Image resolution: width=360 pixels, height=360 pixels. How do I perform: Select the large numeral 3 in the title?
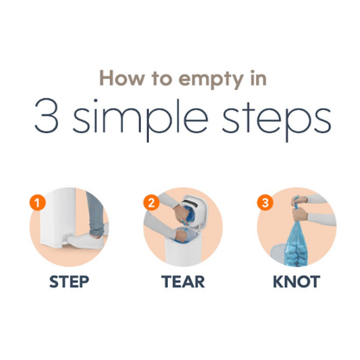click(47, 116)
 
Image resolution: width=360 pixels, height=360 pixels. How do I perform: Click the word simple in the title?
click(140, 119)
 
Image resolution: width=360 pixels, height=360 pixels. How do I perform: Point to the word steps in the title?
click(276, 119)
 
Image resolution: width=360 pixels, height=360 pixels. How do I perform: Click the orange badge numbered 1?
click(37, 202)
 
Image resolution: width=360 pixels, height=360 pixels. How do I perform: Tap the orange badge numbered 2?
click(151, 202)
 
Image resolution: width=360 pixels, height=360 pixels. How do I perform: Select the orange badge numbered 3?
click(265, 202)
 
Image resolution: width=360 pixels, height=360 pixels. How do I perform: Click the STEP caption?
click(69, 282)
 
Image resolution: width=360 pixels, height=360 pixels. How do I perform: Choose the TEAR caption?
click(183, 282)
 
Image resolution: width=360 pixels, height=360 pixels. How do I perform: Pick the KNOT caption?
click(297, 282)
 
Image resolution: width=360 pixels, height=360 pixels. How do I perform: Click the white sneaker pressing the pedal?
click(86, 241)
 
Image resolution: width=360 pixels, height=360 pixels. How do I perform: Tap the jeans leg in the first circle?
click(96, 214)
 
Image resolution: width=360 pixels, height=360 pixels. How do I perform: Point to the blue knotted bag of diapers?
click(297, 244)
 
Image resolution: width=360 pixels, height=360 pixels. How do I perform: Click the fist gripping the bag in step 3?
click(300, 215)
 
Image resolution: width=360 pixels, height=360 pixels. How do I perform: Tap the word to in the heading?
click(163, 79)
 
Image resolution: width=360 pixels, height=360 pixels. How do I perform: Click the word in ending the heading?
click(258, 78)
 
